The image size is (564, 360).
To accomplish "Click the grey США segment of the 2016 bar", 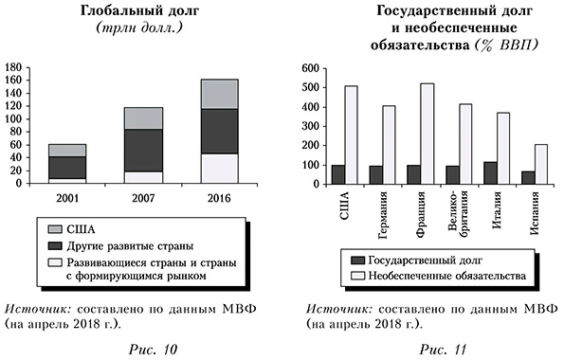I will point(219,94).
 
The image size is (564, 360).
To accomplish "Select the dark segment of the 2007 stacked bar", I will point(143,150).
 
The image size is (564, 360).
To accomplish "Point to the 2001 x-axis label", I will point(66,195).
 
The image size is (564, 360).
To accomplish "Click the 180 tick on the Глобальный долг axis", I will point(12,68).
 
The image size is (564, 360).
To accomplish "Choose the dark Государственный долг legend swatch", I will point(358,259).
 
